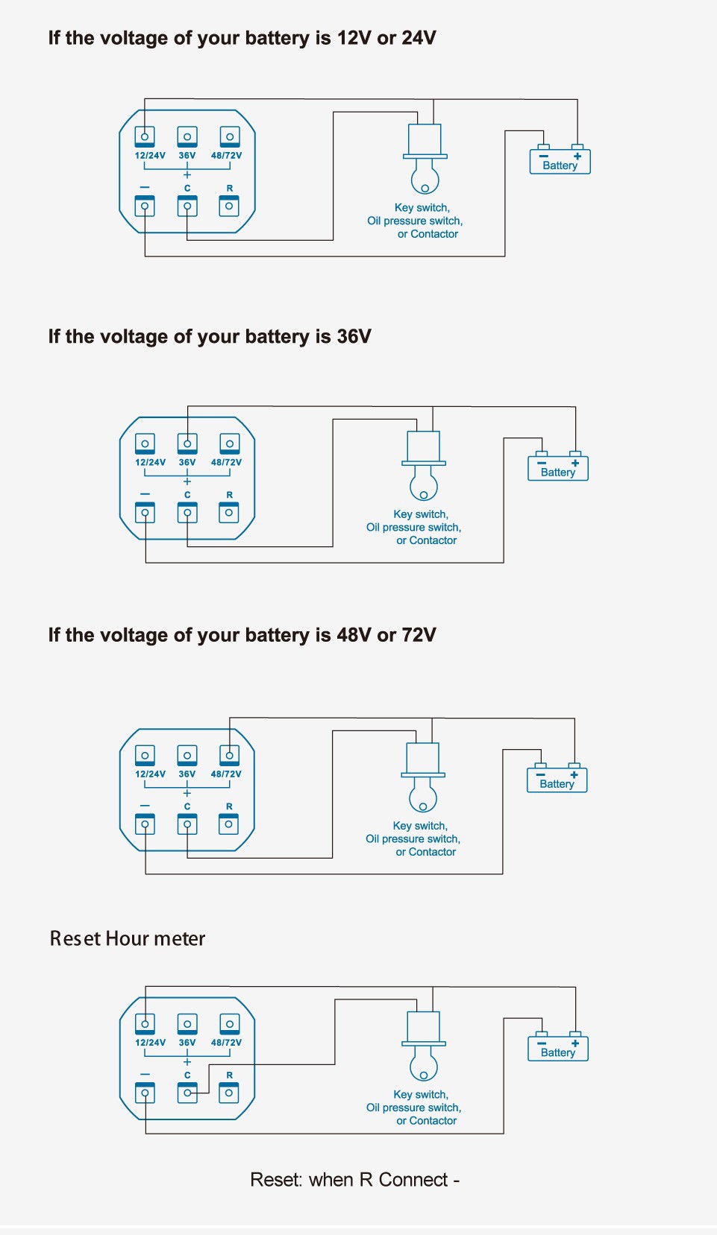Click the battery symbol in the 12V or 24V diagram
pos(560,161)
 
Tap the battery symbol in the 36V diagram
pos(558,468)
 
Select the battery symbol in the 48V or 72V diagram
pos(557,780)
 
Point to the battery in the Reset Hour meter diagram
pos(558,1048)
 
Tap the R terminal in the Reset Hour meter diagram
pos(229,1093)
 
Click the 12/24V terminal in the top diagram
pos(145,136)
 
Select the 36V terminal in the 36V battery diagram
pos(187,443)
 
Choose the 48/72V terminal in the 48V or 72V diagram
pos(229,755)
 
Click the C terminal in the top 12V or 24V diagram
pos(187,206)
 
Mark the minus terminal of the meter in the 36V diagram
pos(145,513)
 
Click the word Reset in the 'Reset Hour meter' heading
pos(75,938)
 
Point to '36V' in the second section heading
pos(354,337)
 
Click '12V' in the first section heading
pos(354,38)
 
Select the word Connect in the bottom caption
pos(413,1180)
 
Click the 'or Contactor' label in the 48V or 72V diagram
pos(425,852)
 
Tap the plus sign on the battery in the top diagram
pos(577,156)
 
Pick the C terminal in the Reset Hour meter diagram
pos(187,1093)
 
